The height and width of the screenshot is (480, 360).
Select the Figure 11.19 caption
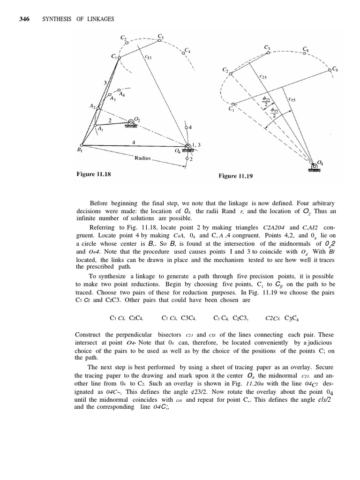(x=236, y=176)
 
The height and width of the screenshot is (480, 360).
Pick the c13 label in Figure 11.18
(x=148, y=58)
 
